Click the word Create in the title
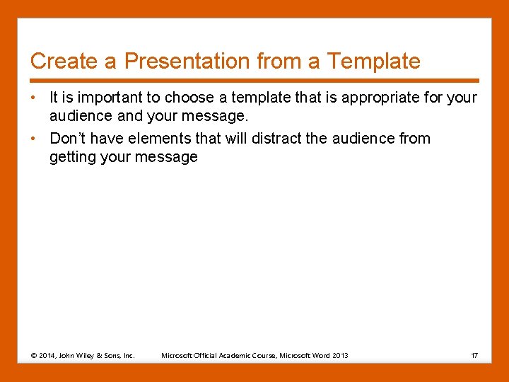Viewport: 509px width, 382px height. (64, 62)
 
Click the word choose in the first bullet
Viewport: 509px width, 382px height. (188, 98)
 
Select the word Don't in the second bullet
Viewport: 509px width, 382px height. (67, 139)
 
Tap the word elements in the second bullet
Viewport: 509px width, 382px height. (153, 139)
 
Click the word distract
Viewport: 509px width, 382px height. (256, 139)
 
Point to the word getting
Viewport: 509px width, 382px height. (72, 157)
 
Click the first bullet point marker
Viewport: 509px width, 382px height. (34, 98)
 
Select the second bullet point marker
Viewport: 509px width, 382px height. (34, 139)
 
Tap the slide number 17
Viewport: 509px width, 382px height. (474, 355)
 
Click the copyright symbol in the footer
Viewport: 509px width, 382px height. (35, 355)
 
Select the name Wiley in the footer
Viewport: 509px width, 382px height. (90, 355)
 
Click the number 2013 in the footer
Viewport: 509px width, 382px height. (339, 355)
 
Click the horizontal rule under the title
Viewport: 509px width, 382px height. (255, 80)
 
